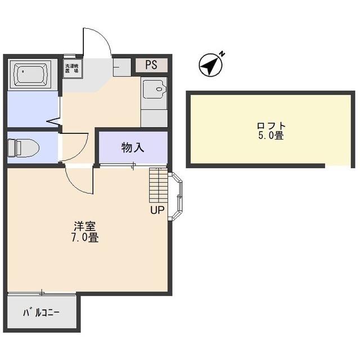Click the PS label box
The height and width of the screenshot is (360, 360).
(x=151, y=65)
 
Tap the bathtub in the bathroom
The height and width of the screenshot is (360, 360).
(x=33, y=74)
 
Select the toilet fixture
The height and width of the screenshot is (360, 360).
(x=23, y=147)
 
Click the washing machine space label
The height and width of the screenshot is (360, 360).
(x=71, y=69)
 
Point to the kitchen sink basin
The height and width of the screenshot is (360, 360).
(x=154, y=89)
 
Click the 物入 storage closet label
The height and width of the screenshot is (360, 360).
(x=133, y=147)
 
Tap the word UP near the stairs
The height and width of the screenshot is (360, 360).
(x=157, y=210)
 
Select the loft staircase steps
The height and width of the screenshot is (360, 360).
(x=159, y=185)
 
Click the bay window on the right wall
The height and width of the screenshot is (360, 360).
(x=175, y=196)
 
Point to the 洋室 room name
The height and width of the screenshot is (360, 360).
(x=85, y=226)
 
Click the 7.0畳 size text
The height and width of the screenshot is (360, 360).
(x=85, y=237)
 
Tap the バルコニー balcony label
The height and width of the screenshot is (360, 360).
(x=41, y=313)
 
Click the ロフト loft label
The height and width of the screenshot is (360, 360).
(x=271, y=126)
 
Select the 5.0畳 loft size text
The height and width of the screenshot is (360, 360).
(x=271, y=136)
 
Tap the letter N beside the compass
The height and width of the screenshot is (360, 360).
(x=222, y=54)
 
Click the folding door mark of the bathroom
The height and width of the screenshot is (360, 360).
(x=54, y=121)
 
